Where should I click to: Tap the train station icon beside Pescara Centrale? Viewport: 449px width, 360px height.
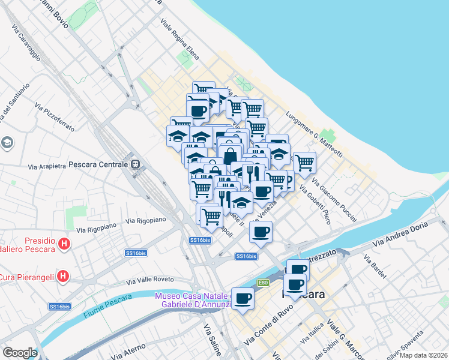click(x=136, y=163)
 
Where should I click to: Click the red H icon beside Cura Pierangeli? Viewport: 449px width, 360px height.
click(x=63, y=277)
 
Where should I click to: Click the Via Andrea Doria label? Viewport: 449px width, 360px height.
click(x=401, y=235)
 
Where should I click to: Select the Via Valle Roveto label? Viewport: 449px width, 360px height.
click(x=150, y=280)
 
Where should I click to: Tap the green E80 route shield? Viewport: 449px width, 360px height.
click(x=263, y=283)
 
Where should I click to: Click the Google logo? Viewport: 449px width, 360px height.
click(x=20, y=353)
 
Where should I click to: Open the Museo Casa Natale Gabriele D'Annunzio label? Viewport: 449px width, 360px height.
click(x=193, y=300)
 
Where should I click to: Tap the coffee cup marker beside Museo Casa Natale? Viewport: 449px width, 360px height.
click(x=243, y=298)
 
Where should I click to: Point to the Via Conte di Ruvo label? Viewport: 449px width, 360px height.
click(x=268, y=328)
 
